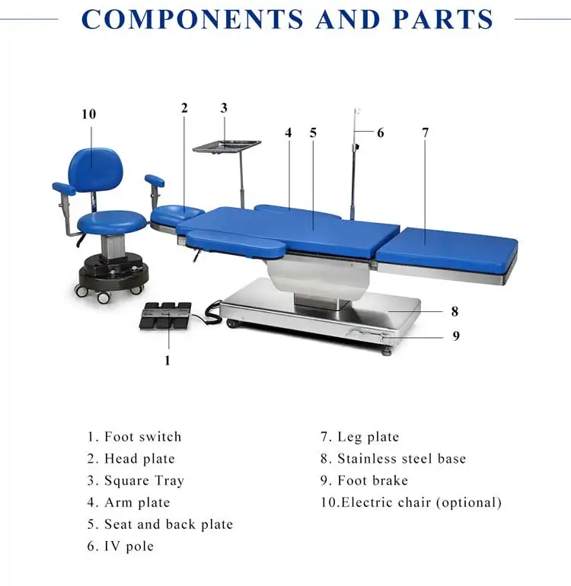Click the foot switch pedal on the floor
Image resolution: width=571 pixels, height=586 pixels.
pyautogui.click(x=164, y=315)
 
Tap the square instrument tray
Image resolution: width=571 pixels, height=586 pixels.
pyautogui.click(x=226, y=145)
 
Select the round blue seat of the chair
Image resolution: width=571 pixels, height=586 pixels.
pyautogui.click(x=112, y=221)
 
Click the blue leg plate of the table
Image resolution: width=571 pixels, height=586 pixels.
pyautogui.click(x=448, y=247)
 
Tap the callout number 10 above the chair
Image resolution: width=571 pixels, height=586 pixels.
pyautogui.click(x=89, y=114)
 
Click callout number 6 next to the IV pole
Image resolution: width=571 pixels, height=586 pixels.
pyautogui.click(x=380, y=132)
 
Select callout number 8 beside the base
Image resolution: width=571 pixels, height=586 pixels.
pyautogui.click(x=455, y=311)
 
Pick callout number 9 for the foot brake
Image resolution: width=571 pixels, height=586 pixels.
pyautogui.click(x=456, y=336)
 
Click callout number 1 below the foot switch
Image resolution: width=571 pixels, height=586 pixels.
pyautogui.click(x=167, y=361)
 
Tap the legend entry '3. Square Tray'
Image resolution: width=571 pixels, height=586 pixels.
pyautogui.click(x=135, y=481)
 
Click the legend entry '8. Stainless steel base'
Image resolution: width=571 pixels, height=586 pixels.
pyautogui.click(x=392, y=459)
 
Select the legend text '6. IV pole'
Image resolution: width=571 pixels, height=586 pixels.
pyautogui.click(x=120, y=546)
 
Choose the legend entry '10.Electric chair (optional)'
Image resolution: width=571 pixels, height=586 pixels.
pyautogui.click(x=410, y=502)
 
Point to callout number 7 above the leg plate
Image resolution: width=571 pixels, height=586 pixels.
pyautogui.click(x=425, y=132)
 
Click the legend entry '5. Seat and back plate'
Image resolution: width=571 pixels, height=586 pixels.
pyautogui.click(x=159, y=524)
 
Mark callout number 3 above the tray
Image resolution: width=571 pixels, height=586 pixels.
pyautogui.click(x=224, y=108)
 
